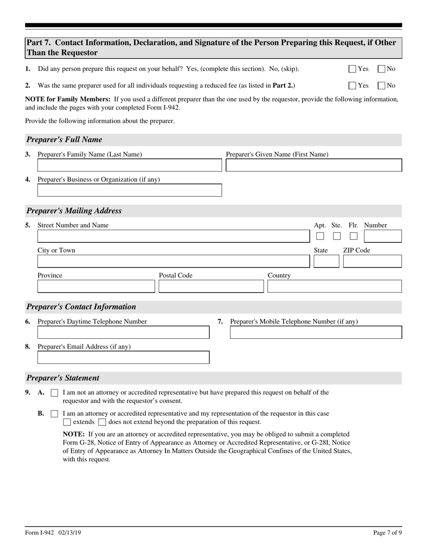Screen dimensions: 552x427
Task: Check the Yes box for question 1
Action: (x=352, y=69)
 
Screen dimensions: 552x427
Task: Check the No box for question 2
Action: (x=381, y=85)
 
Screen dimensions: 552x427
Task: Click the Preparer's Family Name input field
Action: (x=129, y=166)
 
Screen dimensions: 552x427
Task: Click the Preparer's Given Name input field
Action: (x=314, y=166)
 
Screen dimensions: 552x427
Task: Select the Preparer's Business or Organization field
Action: (x=129, y=190)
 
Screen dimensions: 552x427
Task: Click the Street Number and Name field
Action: (x=173, y=237)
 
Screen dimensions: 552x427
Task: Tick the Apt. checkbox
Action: (x=320, y=236)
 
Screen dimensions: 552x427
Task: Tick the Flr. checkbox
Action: (x=354, y=236)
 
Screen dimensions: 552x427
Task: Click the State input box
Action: (x=326, y=262)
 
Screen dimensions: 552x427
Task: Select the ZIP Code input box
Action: (x=372, y=262)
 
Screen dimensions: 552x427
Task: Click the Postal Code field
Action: (x=211, y=287)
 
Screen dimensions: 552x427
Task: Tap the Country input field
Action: (x=334, y=287)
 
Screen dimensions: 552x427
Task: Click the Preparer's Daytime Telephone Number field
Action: (x=123, y=333)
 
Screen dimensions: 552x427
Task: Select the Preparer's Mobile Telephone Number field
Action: (x=316, y=333)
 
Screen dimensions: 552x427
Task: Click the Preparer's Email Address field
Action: (x=123, y=358)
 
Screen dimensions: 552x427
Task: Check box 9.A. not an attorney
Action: (x=54, y=393)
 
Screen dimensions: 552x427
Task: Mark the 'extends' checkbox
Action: (x=67, y=422)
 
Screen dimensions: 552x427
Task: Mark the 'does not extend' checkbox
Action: (x=102, y=422)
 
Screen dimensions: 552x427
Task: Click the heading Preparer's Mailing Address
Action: (x=74, y=211)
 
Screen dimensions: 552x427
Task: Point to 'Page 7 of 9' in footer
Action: (x=387, y=533)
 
